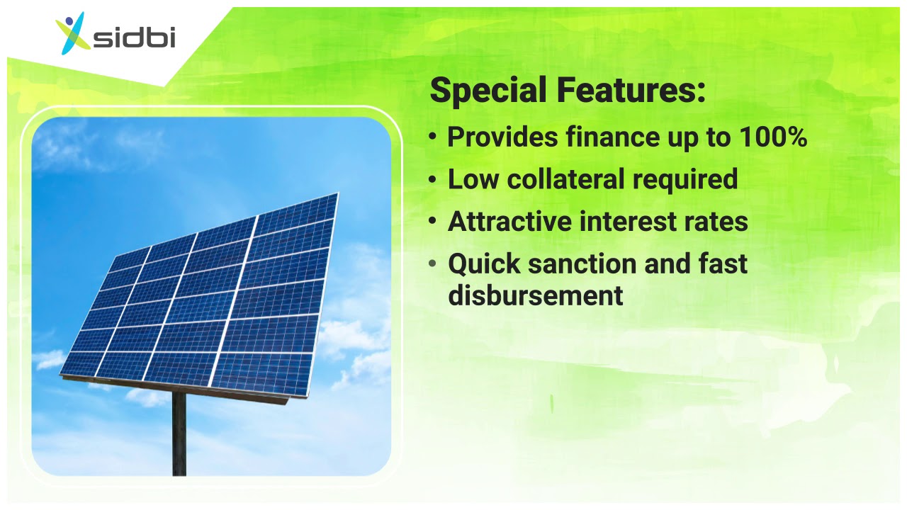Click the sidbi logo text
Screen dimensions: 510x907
point(135,38)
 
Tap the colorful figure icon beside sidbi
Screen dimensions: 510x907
point(74,33)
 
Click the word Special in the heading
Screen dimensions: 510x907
point(488,91)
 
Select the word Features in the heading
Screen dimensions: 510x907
point(631,91)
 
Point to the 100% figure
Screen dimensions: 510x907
point(772,137)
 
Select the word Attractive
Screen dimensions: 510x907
point(509,222)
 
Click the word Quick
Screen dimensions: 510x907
point(484,264)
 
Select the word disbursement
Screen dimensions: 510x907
point(535,295)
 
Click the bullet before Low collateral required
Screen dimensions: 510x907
point(433,179)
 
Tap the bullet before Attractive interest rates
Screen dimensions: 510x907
point(433,222)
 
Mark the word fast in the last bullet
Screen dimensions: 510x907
point(721,264)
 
